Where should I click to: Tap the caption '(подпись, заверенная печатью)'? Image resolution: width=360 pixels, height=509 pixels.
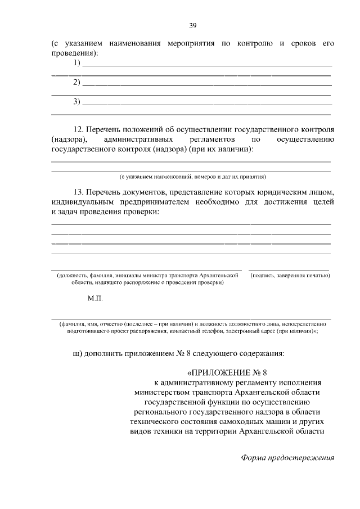(x=290, y=276)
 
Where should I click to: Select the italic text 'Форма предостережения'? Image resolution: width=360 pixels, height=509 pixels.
(x=287, y=457)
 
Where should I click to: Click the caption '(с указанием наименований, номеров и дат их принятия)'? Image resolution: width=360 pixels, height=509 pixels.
(x=191, y=175)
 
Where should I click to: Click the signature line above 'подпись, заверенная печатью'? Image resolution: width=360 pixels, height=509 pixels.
(x=290, y=271)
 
